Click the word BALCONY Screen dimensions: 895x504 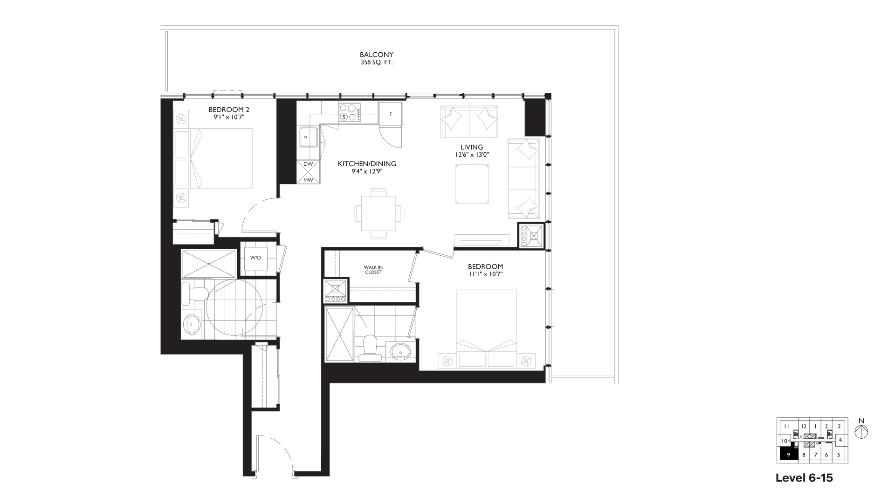point(376,55)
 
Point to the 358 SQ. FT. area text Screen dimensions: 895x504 point(376,63)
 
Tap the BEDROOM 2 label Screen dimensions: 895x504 point(229,110)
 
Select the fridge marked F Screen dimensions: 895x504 point(391,114)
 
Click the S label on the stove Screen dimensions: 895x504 point(344,117)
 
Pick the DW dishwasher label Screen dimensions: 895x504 point(308,164)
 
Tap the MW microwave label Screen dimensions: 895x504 point(308,179)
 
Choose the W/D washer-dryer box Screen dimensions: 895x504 point(255,258)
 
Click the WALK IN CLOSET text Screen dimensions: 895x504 point(373,270)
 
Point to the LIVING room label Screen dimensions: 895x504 point(472,147)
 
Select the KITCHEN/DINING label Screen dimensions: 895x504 point(367,164)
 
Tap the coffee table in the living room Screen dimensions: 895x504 point(472,183)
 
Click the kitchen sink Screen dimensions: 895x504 point(309,138)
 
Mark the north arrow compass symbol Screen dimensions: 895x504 point(861,432)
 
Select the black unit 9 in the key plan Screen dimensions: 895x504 point(788,454)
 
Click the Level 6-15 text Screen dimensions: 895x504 point(804,478)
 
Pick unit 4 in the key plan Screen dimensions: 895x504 point(840,440)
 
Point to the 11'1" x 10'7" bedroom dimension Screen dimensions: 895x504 point(485,274)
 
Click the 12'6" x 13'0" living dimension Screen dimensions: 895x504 point(472,155)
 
